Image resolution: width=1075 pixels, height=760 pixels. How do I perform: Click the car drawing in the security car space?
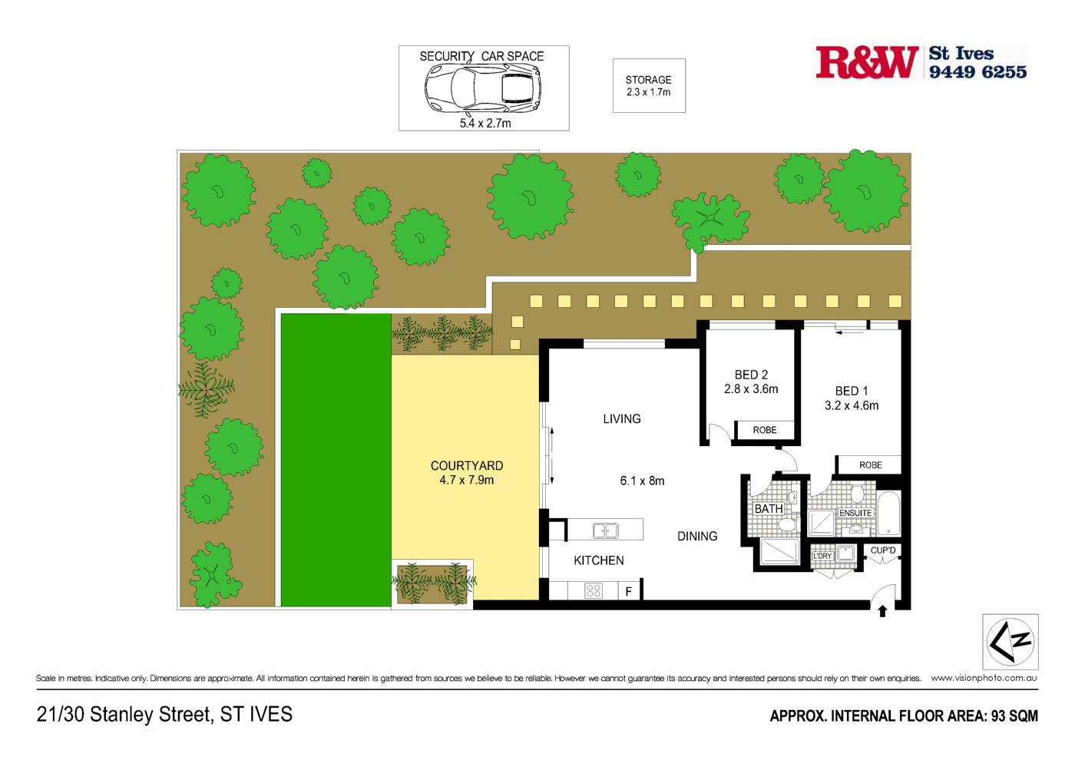tap(483, 87)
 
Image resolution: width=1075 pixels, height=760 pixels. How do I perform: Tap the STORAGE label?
tap(648, 80)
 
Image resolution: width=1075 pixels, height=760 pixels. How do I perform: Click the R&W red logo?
tap(867, 63)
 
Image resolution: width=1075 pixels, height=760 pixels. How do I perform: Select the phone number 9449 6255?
tap(977, 72)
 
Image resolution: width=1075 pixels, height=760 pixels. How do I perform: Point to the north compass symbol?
tap(1011, 642)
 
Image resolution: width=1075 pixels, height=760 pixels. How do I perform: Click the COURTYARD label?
tap(467, 466)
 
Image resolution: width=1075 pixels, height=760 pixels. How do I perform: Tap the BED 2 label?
tap(751, 375)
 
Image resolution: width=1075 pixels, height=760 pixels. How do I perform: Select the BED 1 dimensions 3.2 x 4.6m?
tap(852, 405)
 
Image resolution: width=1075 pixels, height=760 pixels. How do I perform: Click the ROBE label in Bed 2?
tap(765, 430)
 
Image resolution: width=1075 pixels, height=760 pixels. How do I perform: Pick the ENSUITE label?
tap(855, 513)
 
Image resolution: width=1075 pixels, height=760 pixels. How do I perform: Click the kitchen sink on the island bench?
tap(605, 530)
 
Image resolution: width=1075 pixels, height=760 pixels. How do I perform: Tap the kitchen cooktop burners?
tap(594, 590)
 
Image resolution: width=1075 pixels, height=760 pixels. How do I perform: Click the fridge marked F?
tap(629, 591)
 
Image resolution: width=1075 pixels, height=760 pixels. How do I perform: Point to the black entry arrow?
tap(882, 611)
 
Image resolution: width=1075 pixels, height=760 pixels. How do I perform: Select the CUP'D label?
tap(883, 550)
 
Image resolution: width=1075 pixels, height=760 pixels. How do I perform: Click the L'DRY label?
tap(822, 556)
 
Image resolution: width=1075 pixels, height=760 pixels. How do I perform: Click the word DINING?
tap(697, 537)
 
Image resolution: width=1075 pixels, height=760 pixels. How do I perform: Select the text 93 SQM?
tap(1014, 716)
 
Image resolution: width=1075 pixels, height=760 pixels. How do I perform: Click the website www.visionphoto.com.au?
tap(984, 678)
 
